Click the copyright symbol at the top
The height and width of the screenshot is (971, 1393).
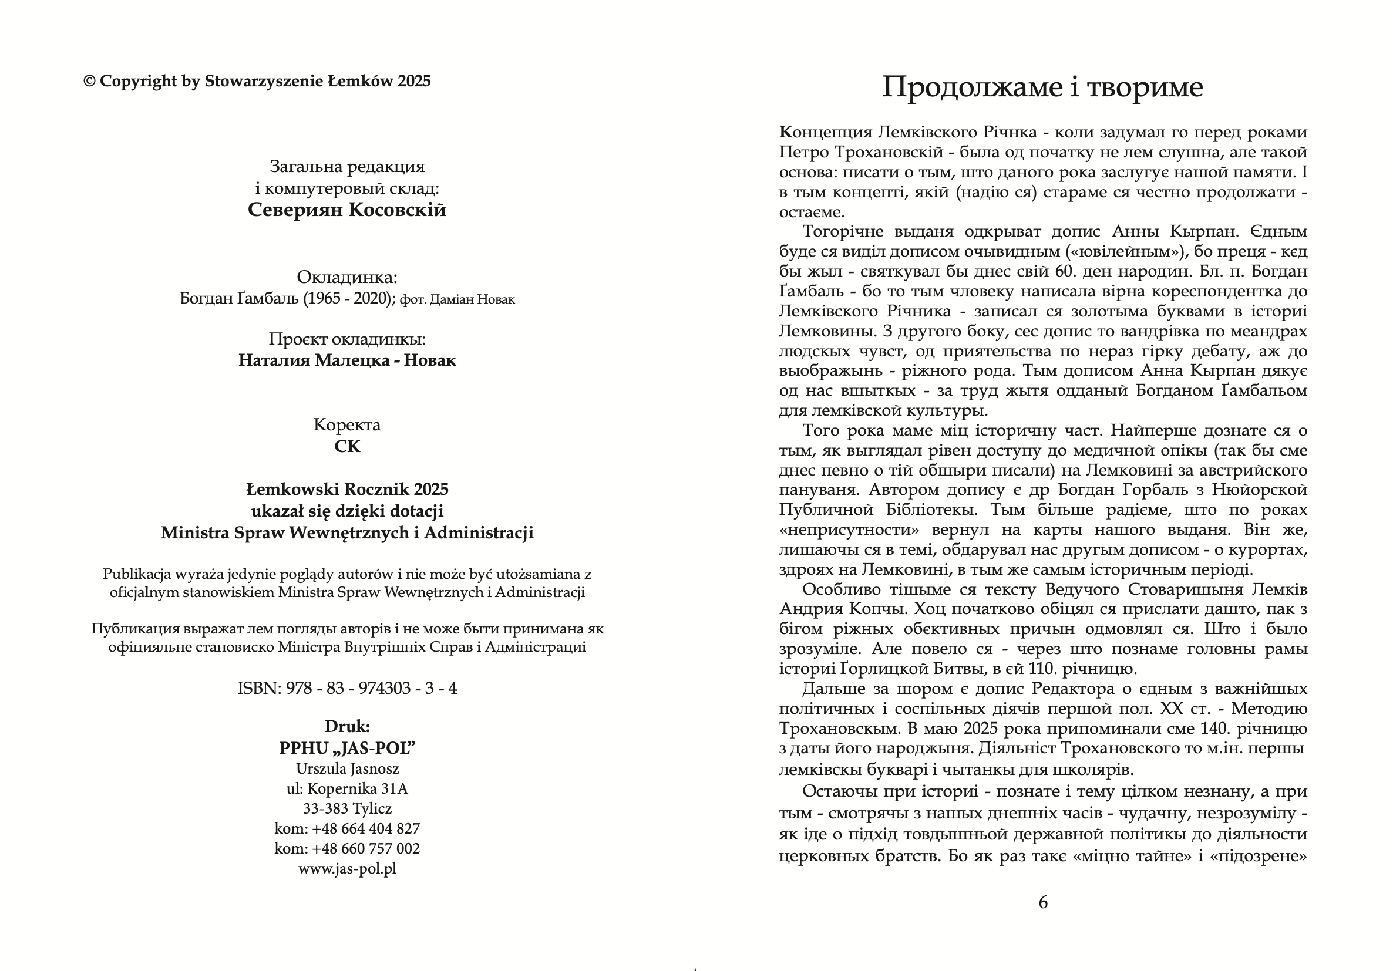point(89,81)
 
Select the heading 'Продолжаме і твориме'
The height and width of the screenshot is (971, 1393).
point(1042,87)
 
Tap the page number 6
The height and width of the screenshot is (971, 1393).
point(1043,902)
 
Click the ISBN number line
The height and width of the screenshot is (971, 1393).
point(347,689)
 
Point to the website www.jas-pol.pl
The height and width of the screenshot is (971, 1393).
point(347,868)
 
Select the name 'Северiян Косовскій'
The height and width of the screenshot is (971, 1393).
point(347,210)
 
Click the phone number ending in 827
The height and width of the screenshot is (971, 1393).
point(347,828)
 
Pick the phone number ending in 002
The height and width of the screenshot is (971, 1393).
point(347,848)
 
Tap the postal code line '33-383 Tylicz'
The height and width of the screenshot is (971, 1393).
point(347,808)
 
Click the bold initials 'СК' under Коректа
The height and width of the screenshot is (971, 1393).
point(347,446)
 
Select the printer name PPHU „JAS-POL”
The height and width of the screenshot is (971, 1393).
point(347,749)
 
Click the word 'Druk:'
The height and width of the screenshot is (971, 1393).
point(347,726)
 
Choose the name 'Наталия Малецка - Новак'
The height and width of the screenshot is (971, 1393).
point(347,360)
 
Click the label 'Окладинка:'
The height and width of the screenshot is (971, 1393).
point(347,277)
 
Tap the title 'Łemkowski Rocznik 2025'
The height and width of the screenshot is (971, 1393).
point(347,490)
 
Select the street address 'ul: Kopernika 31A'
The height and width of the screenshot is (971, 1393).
point(347,788)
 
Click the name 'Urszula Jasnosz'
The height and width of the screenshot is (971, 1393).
point(347,768)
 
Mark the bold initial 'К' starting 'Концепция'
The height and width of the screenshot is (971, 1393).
point(786,132)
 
